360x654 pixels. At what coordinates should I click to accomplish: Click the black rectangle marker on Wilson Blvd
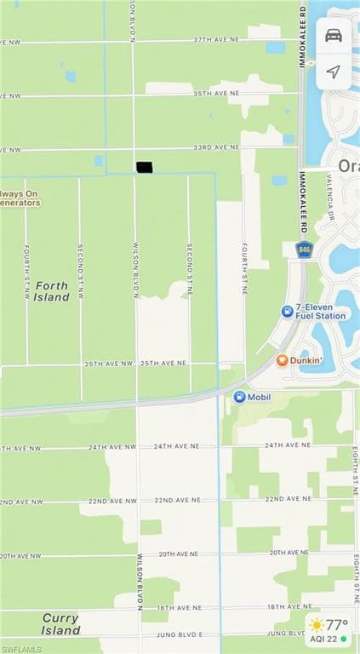pos(144,168)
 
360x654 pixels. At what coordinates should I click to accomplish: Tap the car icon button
pos(334,35)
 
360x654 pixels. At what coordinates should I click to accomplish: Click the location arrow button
pos(334,72)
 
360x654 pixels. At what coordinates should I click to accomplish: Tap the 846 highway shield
pos(304,249)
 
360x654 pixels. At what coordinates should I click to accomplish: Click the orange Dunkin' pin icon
pos(282,360)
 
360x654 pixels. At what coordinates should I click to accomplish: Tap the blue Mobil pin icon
pos(239,396)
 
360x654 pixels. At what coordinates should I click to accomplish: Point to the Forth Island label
pos(52,291)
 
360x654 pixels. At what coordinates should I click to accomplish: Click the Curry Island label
pos(60,624)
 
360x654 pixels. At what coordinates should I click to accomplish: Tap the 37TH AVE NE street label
pos(216,40)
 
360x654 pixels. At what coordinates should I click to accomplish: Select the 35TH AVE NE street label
pos(216,93)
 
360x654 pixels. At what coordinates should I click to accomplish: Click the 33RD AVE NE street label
pos(216,147)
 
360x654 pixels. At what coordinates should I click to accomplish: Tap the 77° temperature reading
pos(338,623)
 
